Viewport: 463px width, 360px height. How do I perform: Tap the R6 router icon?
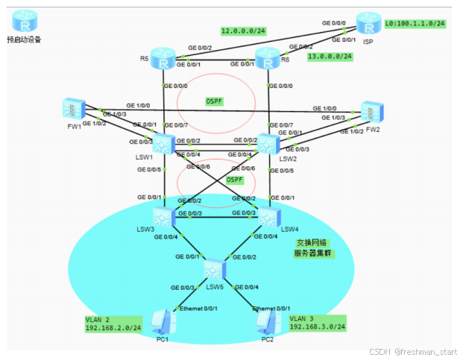pos(267,59)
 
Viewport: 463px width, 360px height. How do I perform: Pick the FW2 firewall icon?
pos(371,112)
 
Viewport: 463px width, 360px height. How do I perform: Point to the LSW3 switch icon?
pos(163,216)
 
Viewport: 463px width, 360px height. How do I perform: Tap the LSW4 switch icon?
pos(268,216)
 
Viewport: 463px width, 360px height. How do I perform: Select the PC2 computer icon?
pos(267,322)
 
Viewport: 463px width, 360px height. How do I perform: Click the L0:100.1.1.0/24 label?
pos(415,24)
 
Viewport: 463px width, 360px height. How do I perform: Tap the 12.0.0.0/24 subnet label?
pos(245,31)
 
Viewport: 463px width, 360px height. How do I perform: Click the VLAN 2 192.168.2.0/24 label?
pos(113,323)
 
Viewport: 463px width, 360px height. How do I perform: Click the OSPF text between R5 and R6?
pos(215,101)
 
